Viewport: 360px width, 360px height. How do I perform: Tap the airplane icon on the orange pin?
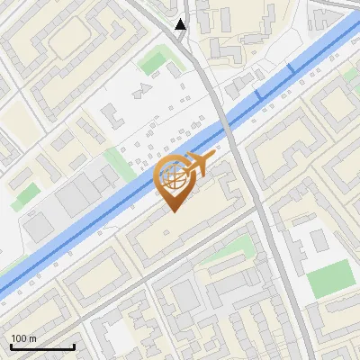point(197,165)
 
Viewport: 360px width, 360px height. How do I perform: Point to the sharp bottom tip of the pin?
point(174,212)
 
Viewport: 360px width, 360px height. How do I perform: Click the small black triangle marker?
point(181,24)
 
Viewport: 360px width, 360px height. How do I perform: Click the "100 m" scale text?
point(24,338)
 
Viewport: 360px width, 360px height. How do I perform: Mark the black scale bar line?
point(42,346)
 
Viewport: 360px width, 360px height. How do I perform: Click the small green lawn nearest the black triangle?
point(153,61)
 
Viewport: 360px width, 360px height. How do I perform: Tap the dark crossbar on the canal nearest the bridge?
point(257,94)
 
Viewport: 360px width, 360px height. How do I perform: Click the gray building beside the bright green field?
point(318,241)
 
